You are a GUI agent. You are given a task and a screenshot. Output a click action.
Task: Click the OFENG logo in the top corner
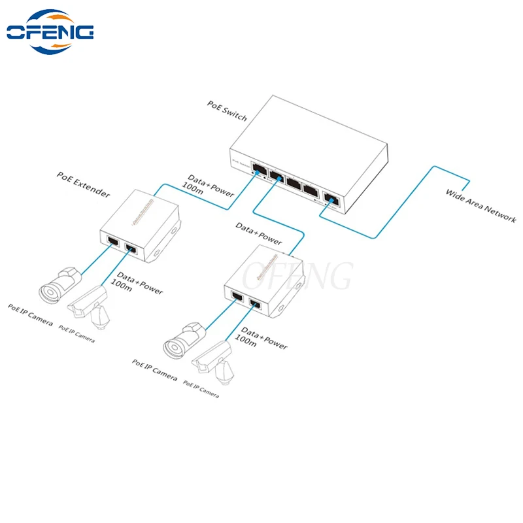pyautogui.click(x=50, y=31)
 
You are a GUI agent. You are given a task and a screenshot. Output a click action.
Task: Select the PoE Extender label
pyautogui.click(x=83, y=186)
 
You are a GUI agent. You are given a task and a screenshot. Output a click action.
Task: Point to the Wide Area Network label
pyautogui.click(x=481, y=205)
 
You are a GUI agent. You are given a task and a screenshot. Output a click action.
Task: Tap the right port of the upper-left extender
pyautogui.click(x=131, y=248)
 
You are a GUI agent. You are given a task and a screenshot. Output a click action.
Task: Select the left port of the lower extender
pyautogui.click(x=236, y=298)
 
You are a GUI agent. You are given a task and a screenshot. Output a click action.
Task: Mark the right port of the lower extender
pyautogui.click(x=256, y=303)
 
